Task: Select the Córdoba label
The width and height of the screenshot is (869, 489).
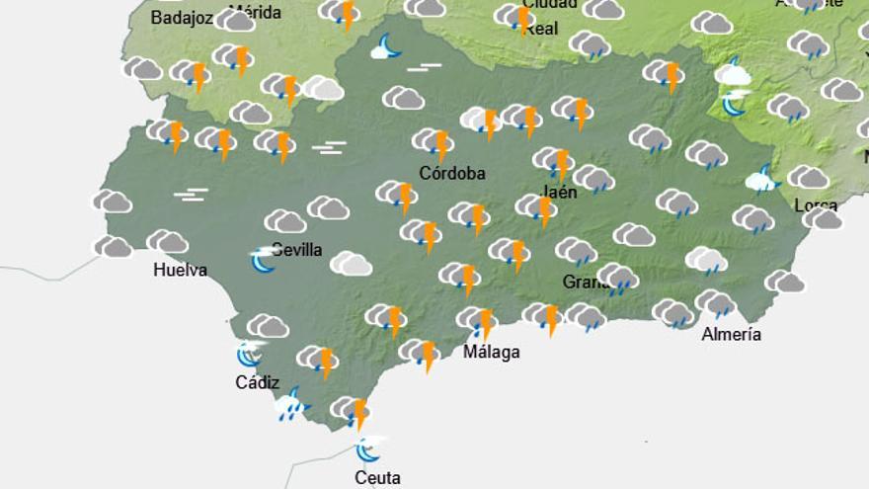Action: [x=452, y=173]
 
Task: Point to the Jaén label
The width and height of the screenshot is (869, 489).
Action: [x=560, y=192]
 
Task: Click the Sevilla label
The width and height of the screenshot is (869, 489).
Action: [x=297, y=249]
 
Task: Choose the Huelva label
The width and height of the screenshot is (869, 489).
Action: [x=181, y=269]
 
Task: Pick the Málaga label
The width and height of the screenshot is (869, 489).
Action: [x=492, y=352]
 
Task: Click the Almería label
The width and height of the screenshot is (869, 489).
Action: [x=731, y=334]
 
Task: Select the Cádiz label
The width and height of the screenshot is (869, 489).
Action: [x=257, y=382]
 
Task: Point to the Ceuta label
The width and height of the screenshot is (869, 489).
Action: [x=377, y=477]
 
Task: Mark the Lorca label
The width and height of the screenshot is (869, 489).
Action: [x=816, y=206]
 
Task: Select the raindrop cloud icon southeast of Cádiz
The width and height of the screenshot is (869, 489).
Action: [x=290, y=405]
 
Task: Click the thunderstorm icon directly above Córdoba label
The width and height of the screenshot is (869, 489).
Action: [x=434, y=142]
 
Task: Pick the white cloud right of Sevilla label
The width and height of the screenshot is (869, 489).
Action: [x=351, y=264]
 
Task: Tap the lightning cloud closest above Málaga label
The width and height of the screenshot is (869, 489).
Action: [x=477, y=321]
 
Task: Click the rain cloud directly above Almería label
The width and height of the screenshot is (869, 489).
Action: [x=715, y=303]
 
